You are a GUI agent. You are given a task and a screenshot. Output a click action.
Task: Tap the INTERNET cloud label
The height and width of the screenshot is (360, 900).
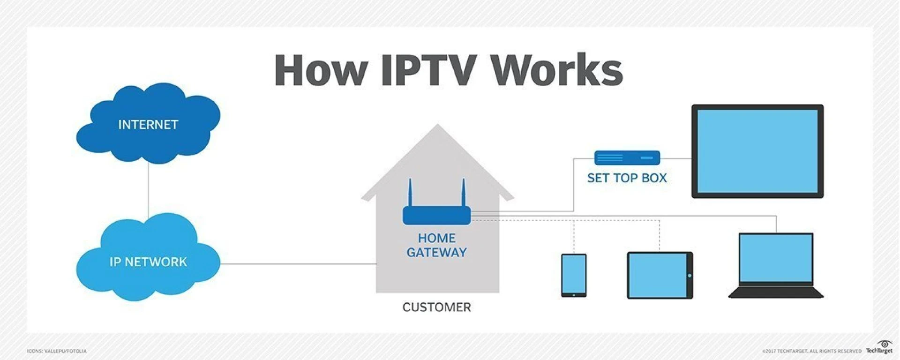[x=148, y=125]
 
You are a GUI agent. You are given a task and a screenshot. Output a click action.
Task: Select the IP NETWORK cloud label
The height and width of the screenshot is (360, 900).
[x=148, y=262]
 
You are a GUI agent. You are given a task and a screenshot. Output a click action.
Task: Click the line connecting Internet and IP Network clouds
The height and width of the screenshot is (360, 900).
[x=148, y=190]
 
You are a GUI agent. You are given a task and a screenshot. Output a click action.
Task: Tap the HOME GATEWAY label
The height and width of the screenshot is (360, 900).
[x=436, y=245]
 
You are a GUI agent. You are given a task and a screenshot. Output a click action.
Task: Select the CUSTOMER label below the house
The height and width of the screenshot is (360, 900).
[x=436, y=307]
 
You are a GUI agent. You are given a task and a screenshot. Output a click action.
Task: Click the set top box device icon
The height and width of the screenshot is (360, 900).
[x=627, y=158]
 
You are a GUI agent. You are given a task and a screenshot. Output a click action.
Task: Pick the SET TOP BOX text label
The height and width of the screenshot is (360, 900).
[x=627, y=178]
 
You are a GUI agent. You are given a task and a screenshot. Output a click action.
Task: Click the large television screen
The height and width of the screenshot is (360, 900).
[x=757, y=151]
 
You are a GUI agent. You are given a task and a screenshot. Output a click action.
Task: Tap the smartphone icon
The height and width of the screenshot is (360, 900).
[x=574, y=275]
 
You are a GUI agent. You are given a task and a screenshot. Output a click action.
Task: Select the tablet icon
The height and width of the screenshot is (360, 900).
[x=660, y=275]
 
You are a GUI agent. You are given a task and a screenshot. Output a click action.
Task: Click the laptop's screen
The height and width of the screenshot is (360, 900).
[x=776, y=258]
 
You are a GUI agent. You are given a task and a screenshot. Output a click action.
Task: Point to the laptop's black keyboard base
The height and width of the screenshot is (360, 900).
[x=776, y=293]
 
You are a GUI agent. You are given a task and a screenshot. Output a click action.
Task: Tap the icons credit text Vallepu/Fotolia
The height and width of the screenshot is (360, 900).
[x=57, y=351]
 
